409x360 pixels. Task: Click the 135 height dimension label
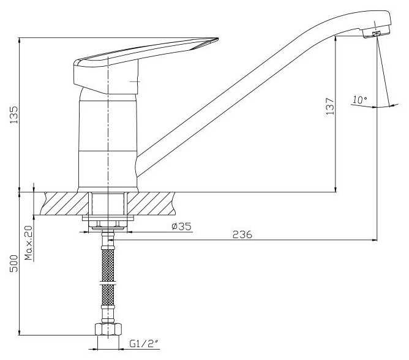coord(13,114)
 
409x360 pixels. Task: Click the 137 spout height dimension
coord(329,106)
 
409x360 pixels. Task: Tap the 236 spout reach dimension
coord(242,234)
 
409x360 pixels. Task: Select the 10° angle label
coord(360,100)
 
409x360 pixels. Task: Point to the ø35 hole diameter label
coord(182,226)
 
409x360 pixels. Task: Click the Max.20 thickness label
coord(29,243)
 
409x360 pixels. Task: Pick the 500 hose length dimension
coord(13,263)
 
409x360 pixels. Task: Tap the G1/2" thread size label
coord(144,344)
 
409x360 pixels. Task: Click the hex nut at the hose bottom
coord(108,329)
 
